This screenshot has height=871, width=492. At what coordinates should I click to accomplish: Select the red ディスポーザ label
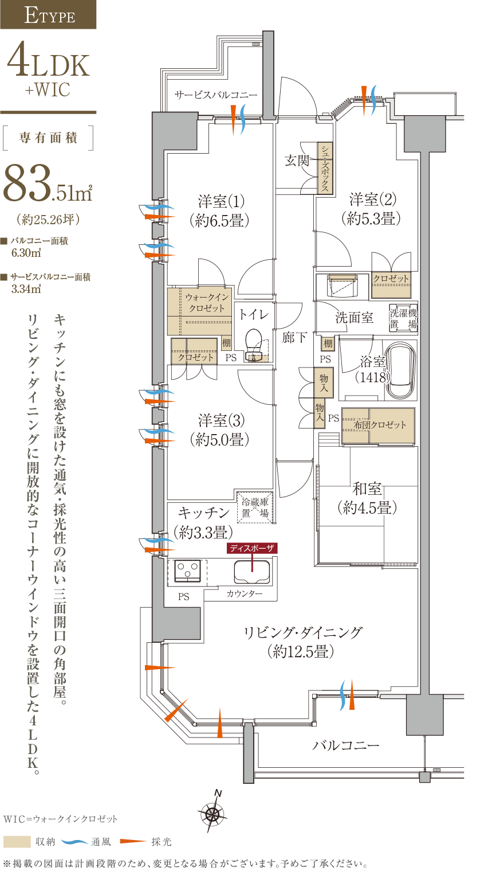[x=252, y=548]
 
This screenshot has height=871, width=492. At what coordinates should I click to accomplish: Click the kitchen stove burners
[x=187, y=571]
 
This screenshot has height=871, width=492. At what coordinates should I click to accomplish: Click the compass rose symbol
[x=212, y=813]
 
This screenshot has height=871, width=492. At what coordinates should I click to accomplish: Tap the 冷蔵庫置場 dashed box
[x=255, y=507]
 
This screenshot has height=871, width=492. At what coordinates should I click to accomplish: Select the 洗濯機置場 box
[x=403, y=318]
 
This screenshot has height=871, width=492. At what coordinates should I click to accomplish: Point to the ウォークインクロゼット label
[x=207, y=303]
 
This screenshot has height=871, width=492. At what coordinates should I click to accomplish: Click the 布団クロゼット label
[x=379, y=425]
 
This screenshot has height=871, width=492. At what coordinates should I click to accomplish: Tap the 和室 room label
[x=367, y=488]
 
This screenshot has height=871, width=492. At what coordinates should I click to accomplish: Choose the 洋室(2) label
[x=373, y=200]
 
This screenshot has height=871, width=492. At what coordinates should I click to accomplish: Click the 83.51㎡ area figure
[x=48, y=183]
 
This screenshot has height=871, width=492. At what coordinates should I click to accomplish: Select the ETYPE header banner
[x=48, y=14]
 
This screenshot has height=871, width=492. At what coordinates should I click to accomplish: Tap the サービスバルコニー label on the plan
[x=215, y=95]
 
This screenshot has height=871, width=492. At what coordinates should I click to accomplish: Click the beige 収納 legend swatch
[x=17, y=842]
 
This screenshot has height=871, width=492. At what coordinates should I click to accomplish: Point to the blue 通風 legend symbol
[x=74, y=842]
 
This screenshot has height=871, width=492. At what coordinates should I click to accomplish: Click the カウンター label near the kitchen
[x=244, y=593]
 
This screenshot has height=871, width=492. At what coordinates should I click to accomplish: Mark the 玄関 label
[x=297, y=160]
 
